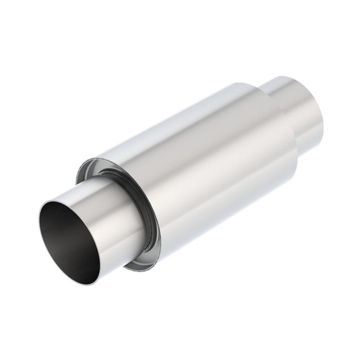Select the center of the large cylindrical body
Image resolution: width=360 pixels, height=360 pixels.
pyautogui.click(x=209, y=162)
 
